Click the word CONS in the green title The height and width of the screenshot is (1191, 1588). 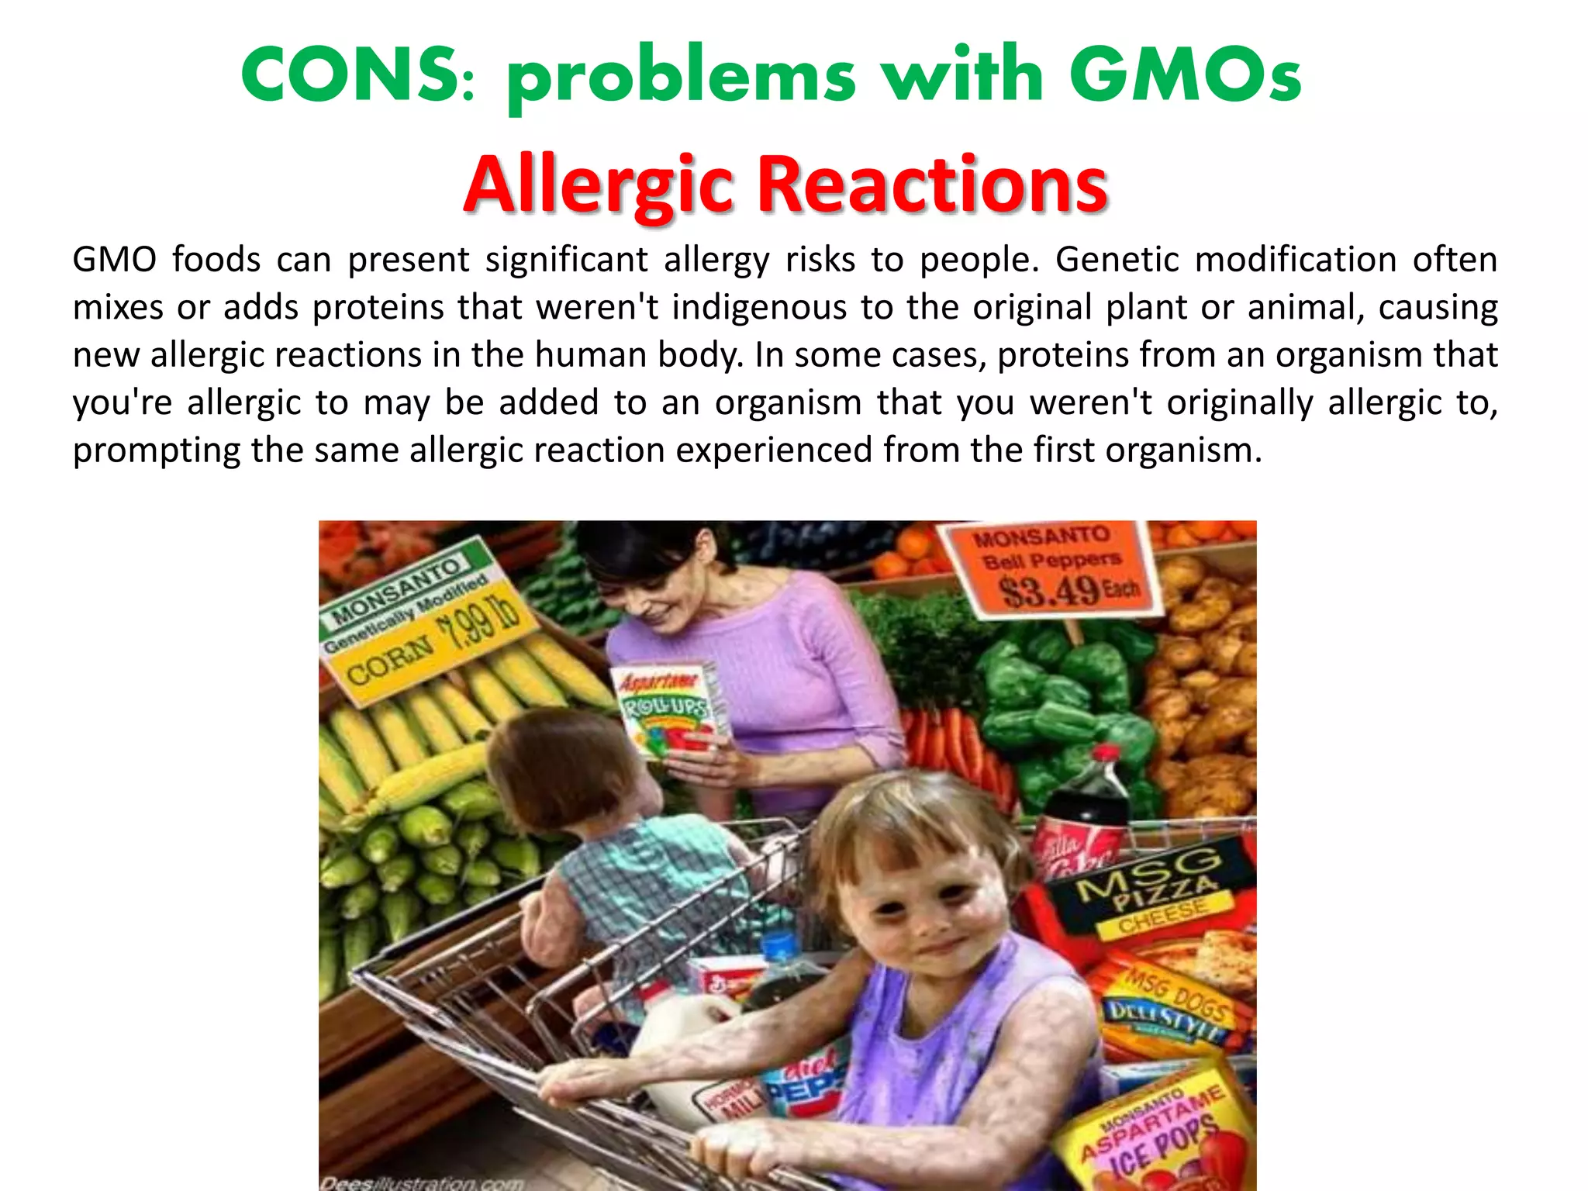point(350,75)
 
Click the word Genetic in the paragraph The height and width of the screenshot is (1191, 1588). point(1117,259)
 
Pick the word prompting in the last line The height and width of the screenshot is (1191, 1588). point(156,451)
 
